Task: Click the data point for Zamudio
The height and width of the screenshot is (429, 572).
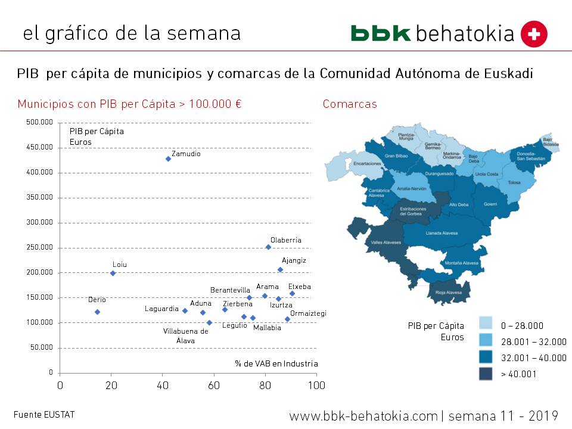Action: (168, 158)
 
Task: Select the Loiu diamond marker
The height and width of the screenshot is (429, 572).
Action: (113, 273)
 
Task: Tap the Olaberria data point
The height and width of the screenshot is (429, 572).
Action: (268, 247)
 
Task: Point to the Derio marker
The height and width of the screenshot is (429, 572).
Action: (97, 312)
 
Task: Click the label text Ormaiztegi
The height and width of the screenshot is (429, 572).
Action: (308, 313)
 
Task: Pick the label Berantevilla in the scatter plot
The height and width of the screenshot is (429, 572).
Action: (230, 290)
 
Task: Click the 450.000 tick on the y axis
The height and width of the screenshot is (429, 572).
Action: (39, 147)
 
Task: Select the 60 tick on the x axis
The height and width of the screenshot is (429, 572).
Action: (213, 386)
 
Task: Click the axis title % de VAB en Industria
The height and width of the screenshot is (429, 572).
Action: (276, 363)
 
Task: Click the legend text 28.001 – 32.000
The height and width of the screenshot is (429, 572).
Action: (533, 341)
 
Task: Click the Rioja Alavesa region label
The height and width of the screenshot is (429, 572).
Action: (449, 292)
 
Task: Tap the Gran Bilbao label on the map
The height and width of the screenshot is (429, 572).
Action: (396, 156)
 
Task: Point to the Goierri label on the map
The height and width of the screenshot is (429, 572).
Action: (490, 204)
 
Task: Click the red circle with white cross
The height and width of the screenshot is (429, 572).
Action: (534, 34)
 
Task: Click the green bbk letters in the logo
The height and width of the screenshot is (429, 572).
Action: (380, 33)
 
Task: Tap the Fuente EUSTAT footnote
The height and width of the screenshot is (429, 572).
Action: (44, 415)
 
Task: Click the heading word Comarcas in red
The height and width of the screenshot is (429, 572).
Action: (350, 104)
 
